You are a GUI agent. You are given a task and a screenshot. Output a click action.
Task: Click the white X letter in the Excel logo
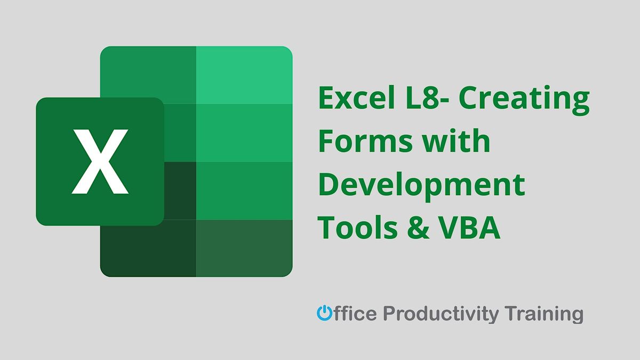coord(100,161)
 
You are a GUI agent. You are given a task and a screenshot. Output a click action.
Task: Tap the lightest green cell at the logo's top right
coord(244,75)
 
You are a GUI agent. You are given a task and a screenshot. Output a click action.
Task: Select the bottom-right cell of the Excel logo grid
coord(244,248)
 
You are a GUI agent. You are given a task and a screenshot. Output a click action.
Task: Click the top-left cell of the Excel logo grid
coord(148,72)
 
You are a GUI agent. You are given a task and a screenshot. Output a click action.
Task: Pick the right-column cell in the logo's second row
coord(244,132)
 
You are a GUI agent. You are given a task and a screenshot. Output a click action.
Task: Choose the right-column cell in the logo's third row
coord(244,190)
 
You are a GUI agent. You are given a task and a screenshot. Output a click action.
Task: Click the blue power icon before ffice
coord(323,313)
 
